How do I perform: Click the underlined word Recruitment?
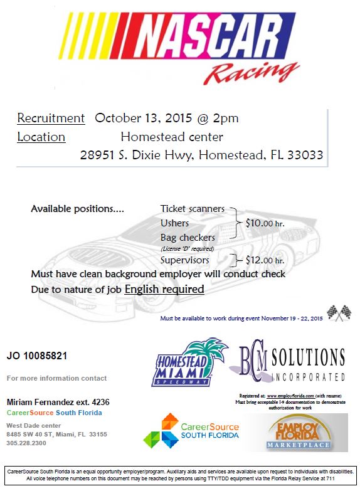51,118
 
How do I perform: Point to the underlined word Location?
41,137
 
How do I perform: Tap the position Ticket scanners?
191,209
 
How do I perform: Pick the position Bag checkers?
188,238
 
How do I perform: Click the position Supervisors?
184,260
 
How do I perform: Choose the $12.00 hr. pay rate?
265,260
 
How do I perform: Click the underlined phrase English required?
164,289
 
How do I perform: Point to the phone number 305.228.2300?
26,442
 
